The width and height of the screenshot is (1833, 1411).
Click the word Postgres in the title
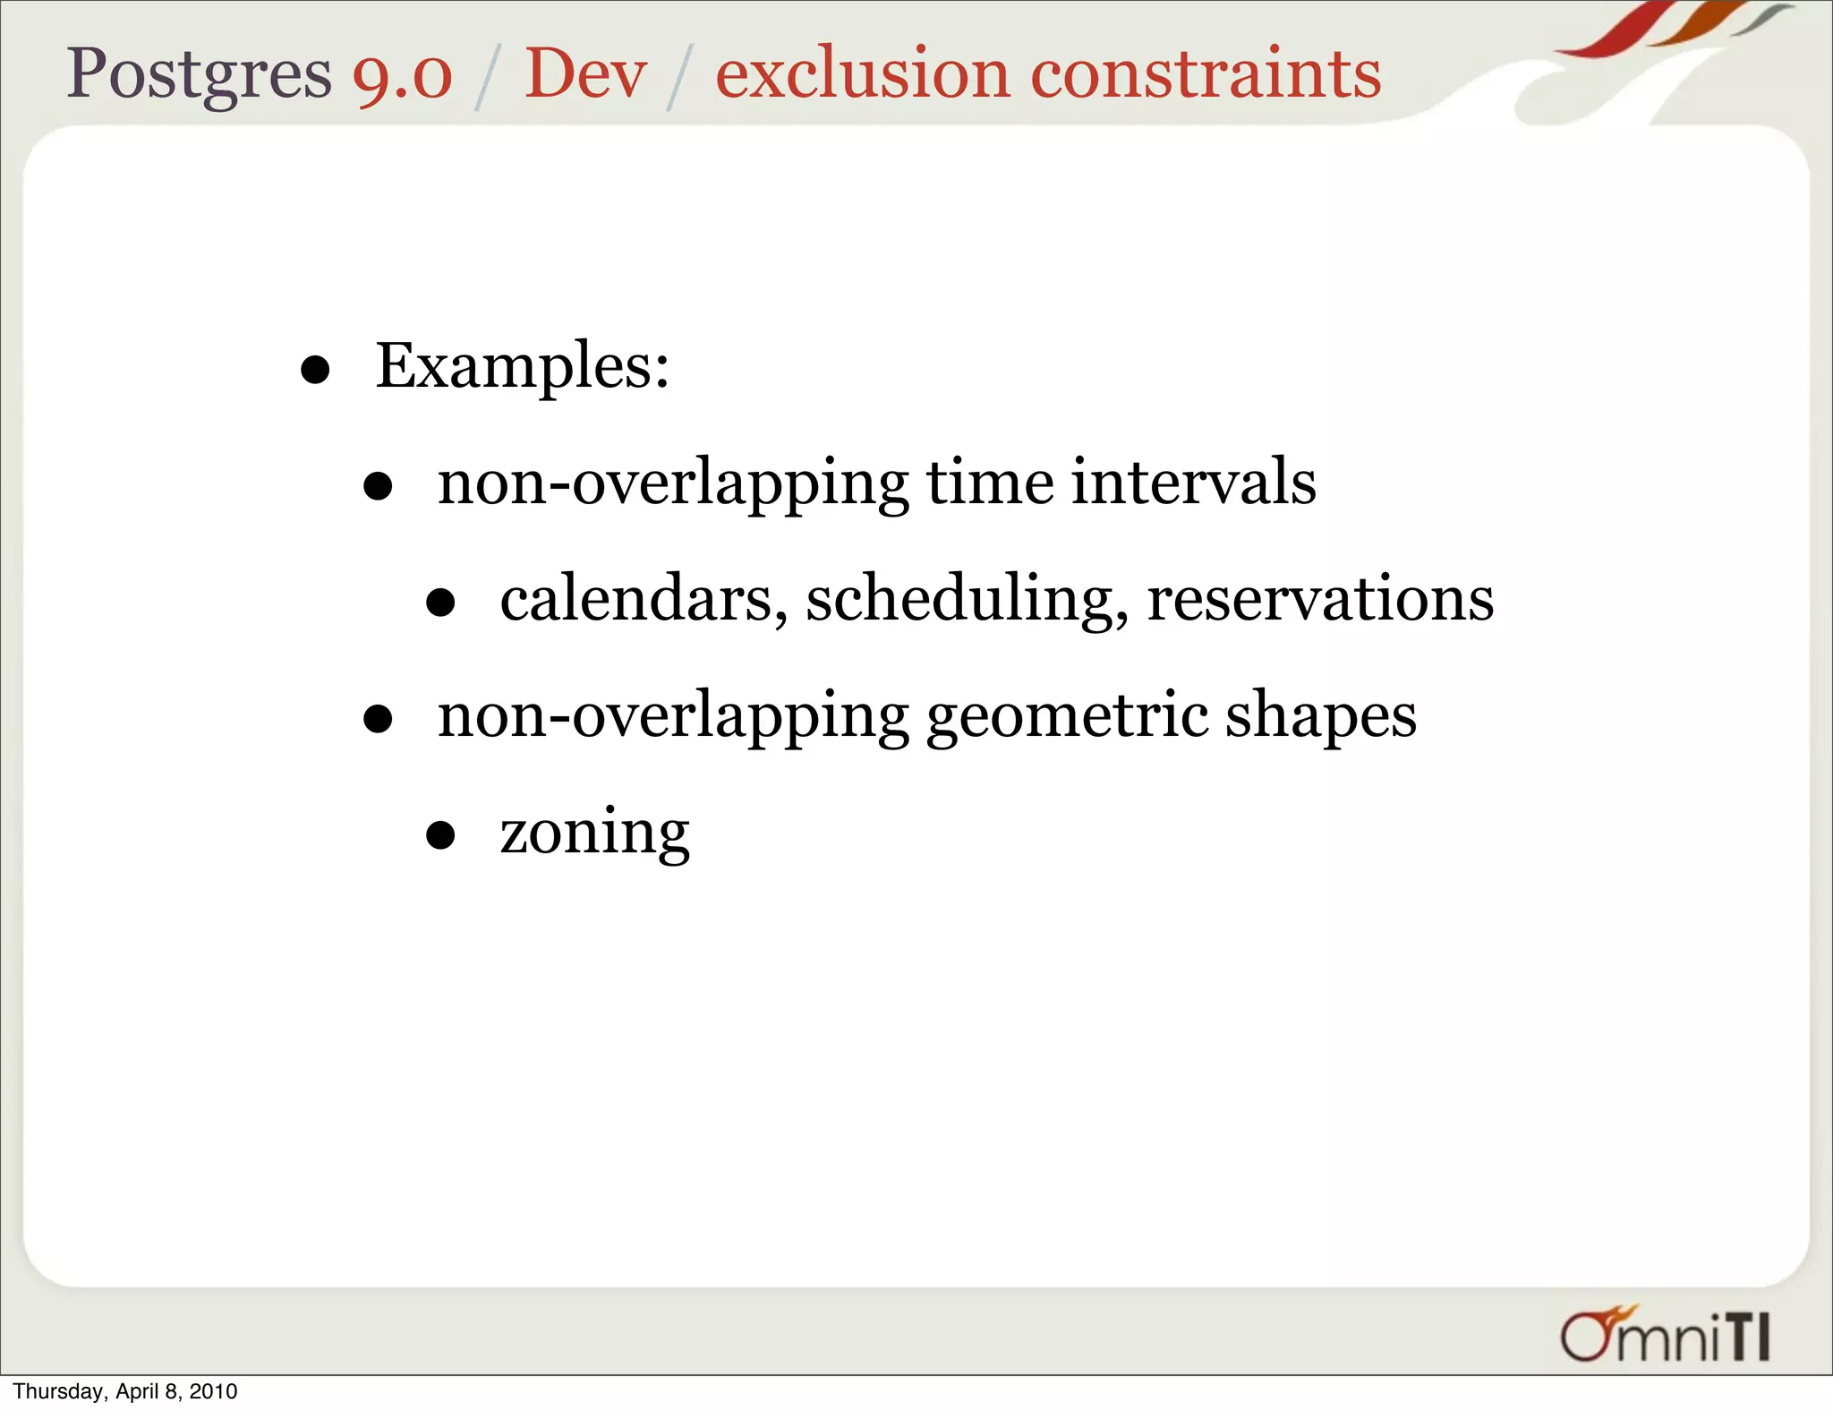tap(199, 75)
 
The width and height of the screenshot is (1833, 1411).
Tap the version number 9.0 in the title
tap(402, 75)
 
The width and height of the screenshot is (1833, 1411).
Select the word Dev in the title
tap(585, 75)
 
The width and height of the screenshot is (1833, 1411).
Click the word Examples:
tap(523, 367)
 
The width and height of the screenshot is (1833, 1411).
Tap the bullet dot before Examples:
tap(315, 370)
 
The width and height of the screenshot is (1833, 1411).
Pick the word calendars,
tap(644, 600)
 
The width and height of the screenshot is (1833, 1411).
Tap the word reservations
tap(1320, 600)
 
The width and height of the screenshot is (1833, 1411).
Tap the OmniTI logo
tap(1665, 1335)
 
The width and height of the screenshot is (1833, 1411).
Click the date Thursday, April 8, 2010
tap(125, 1391)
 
